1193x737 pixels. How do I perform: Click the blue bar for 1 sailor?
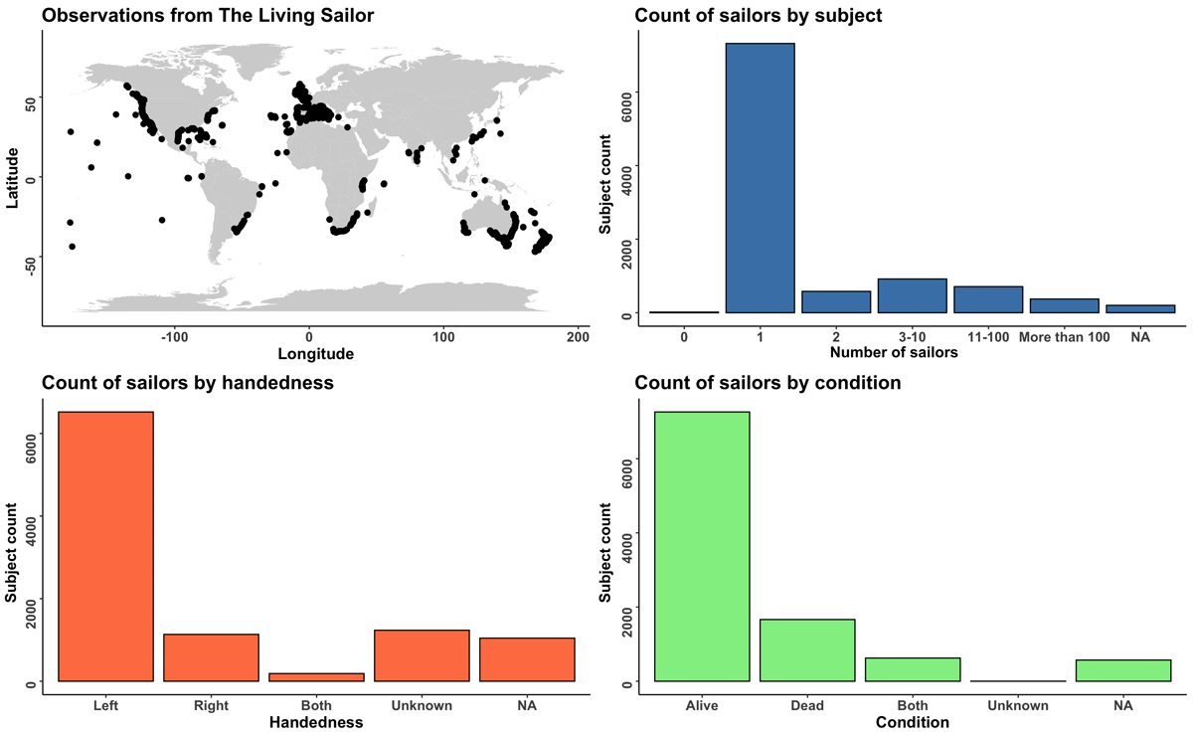(x=761, y=178)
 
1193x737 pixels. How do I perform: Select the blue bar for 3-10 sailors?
(x=912, y=296)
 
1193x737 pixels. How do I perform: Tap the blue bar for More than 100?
(x=1064, y=306)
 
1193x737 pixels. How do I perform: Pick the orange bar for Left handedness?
(x=106, y=546)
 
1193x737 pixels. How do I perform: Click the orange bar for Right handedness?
(x=212, y=657)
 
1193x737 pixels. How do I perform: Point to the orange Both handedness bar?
(x=317, y=677)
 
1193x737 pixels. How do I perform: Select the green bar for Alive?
(x=702, y=546)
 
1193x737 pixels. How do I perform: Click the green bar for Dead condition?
(x=807, y=650)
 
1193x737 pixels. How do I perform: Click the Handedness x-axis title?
(x=316, y=723)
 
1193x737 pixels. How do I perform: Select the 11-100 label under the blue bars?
(x=988, y=337)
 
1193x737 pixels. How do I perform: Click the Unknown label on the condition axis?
(x=1018, y=706)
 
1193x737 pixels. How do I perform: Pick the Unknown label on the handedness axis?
(x=423, y=706)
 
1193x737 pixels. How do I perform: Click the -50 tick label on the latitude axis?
(x=28, y=262)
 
